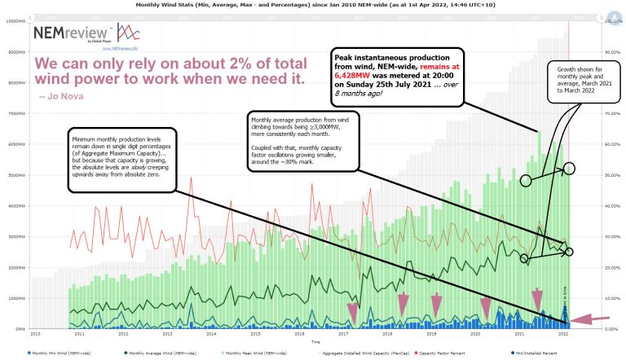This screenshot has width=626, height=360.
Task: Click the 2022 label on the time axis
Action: tap(562, 334)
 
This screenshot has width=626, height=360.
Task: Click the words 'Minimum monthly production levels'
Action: tap(109, 139)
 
